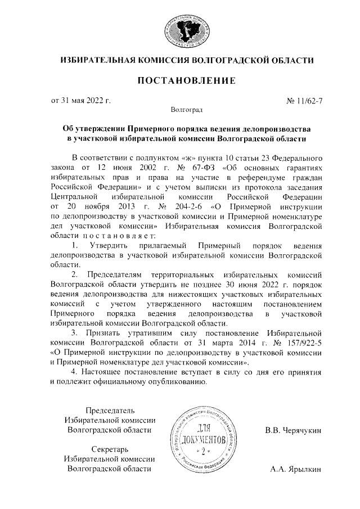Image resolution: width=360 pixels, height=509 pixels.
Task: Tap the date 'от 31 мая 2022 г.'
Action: [x=81, y=101]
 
